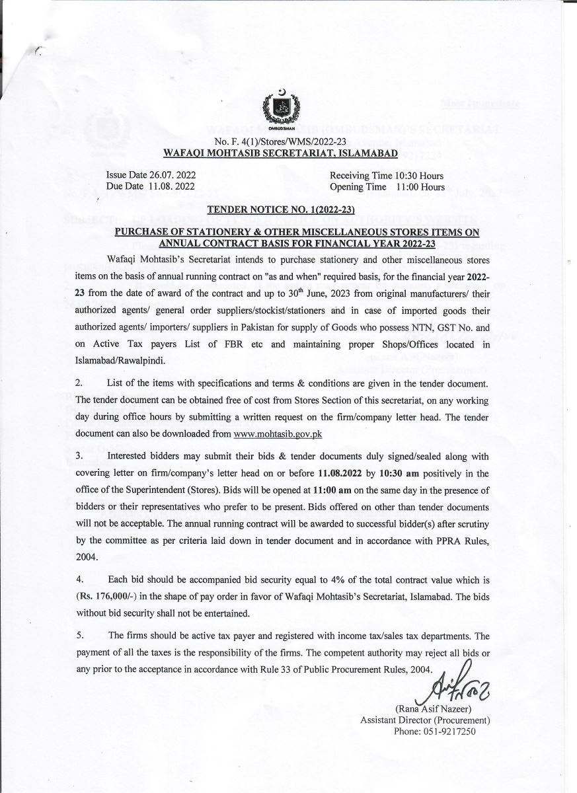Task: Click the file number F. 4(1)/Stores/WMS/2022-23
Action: click(x=286, y=143)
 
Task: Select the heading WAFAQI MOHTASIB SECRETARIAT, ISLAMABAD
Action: click(x=281, y=153)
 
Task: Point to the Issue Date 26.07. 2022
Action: click(x=151, y=176)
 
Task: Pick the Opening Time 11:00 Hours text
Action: click(x=387, y=187)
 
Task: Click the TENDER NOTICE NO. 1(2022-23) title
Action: click(x=282, y=211)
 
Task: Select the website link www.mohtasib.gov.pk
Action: click(x=278, y=434)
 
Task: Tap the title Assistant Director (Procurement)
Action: click(x=424, y=720)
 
